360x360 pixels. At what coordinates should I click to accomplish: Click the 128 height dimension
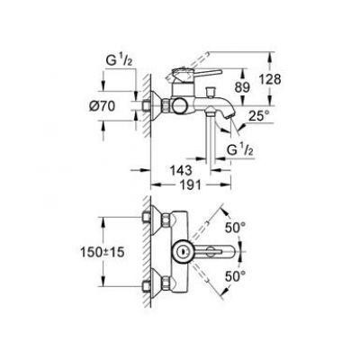(270, 79)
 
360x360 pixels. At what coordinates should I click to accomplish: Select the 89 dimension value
(242, 87)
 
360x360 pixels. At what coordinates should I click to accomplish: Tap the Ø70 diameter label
(102, 106)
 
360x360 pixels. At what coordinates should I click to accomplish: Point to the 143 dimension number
(181, 170)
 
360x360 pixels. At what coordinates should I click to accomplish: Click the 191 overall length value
(190, 185)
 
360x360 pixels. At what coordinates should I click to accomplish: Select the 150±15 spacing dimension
(102, 252)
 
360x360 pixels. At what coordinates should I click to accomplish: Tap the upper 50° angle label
(236, 229)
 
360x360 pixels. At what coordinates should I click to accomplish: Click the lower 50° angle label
(236, 276)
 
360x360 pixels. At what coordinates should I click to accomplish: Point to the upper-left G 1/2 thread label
(119, 60)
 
